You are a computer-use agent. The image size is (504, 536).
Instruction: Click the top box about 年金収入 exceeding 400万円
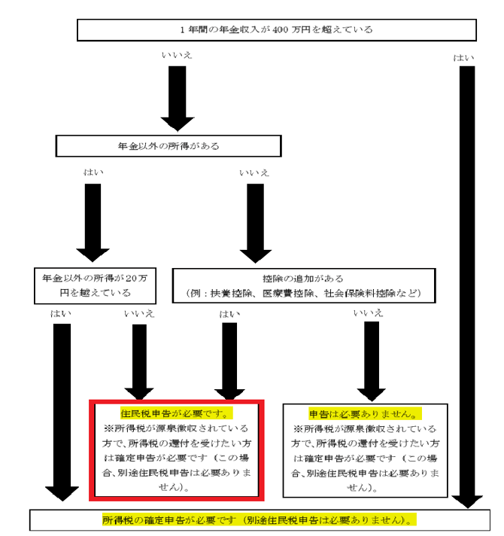(x=277, y=30)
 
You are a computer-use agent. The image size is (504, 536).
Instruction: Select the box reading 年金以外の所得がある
(x=168, y=146)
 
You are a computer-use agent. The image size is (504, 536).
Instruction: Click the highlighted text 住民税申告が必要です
(x=176, y=413)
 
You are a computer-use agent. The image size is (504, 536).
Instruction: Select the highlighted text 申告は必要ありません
(x=364, y=413)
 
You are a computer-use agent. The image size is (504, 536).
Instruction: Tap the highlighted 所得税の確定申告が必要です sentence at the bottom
(x=259, y=519)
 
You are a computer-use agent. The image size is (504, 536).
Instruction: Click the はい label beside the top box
(x=464, y=58)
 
